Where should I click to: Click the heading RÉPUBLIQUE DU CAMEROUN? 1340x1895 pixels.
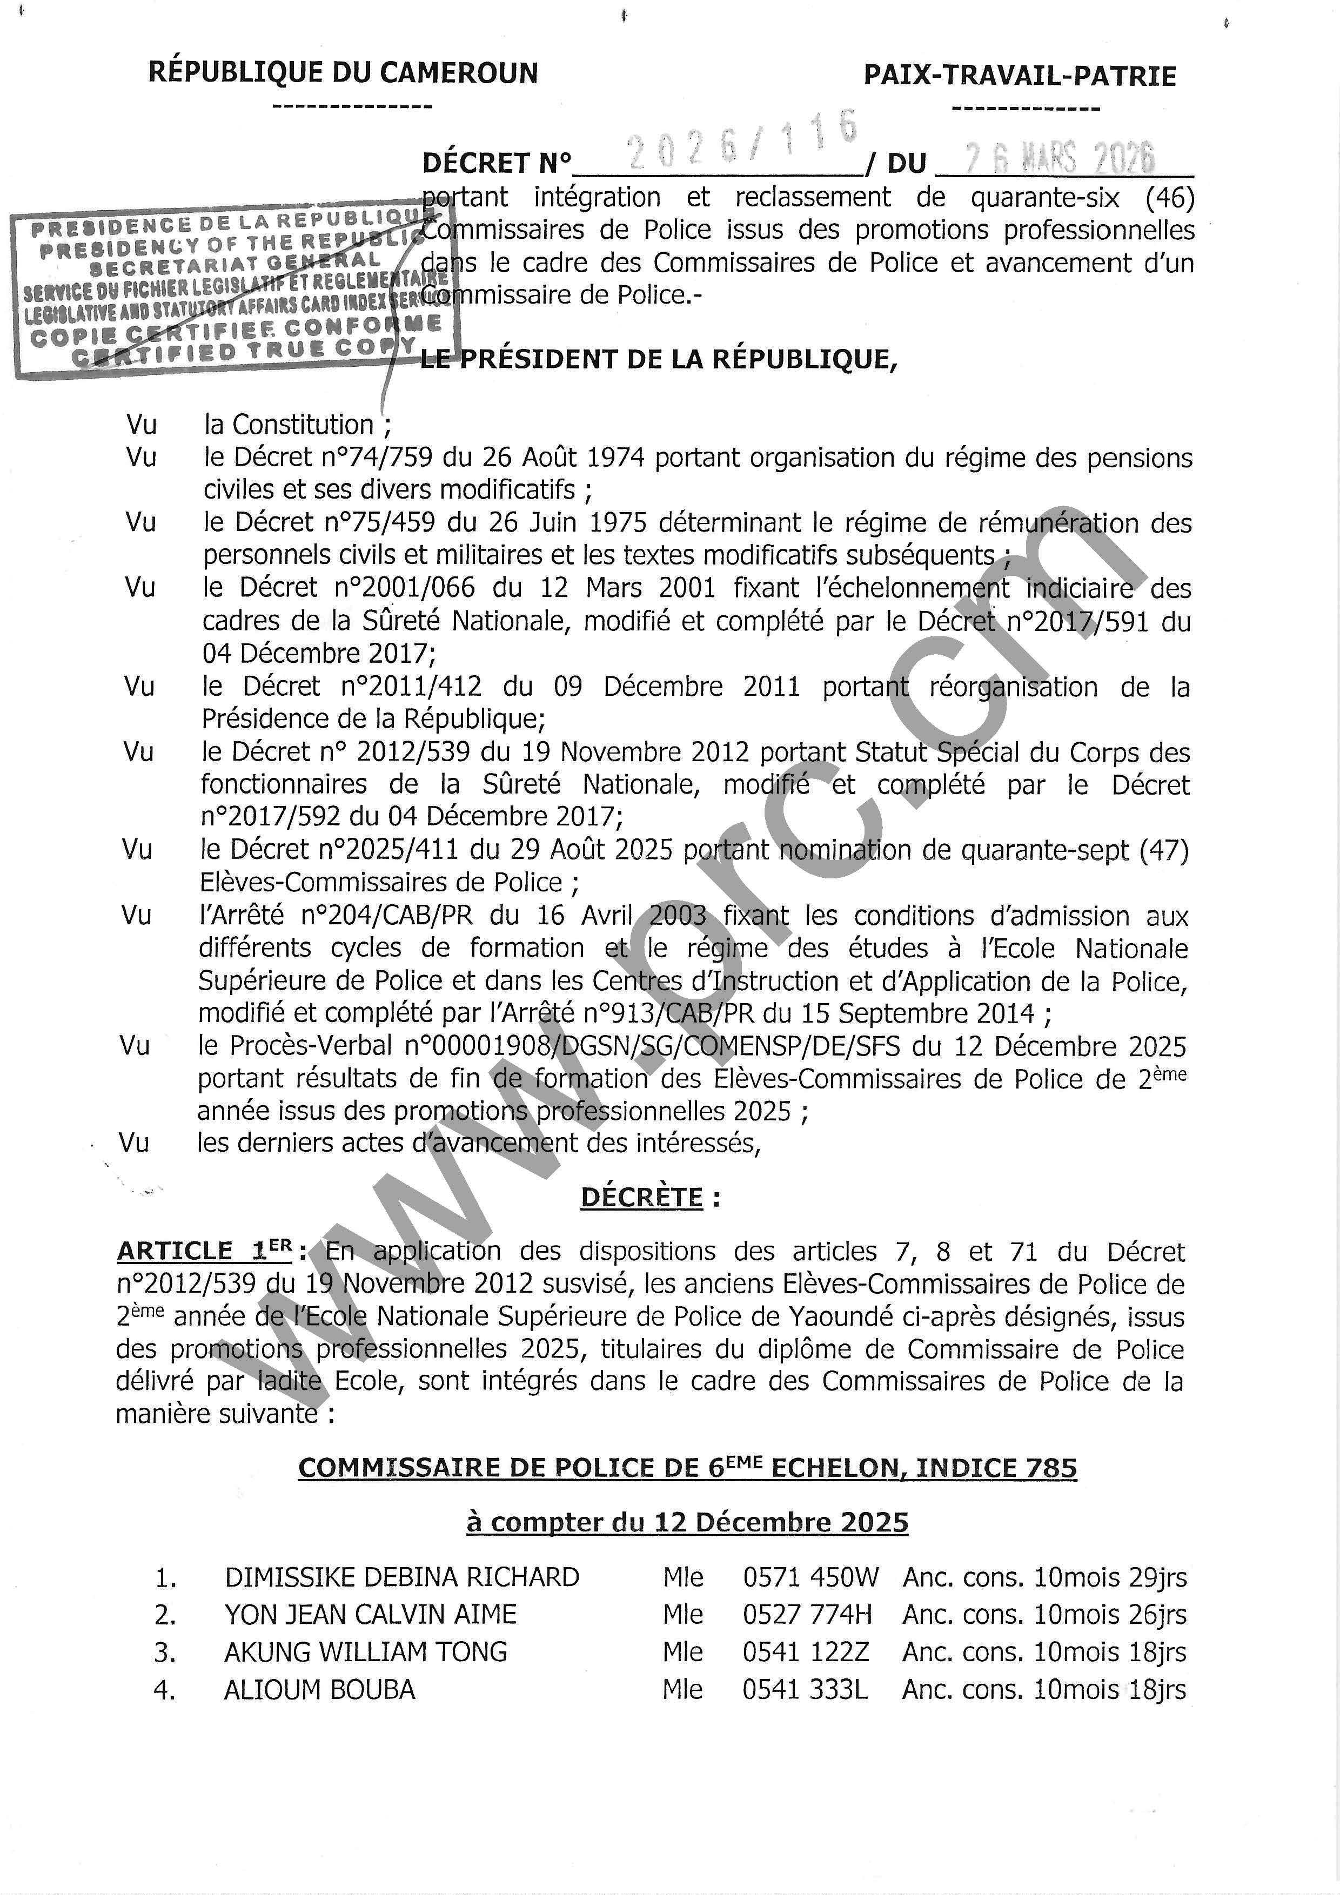(343, 73)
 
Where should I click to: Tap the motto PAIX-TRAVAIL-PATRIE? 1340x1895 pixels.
(1020, 77)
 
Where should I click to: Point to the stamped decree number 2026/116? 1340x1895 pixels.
(741, 142)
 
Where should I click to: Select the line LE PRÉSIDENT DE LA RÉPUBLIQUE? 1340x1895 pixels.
(658, 359)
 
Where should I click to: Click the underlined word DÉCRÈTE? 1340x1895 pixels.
(641, 1198)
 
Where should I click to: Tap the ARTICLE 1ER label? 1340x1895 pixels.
(205, 1251)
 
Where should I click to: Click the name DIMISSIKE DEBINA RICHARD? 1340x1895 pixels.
(401, 1577)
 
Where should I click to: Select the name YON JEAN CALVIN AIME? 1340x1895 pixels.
(370, 1615)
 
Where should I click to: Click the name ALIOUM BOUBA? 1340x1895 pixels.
(319, 1690)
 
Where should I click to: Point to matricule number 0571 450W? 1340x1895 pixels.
(811, 1577)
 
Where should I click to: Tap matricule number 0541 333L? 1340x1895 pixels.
(805, 1690)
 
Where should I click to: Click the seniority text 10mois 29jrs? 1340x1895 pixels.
(1110, 1577)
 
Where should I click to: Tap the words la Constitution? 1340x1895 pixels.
(289, 425)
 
